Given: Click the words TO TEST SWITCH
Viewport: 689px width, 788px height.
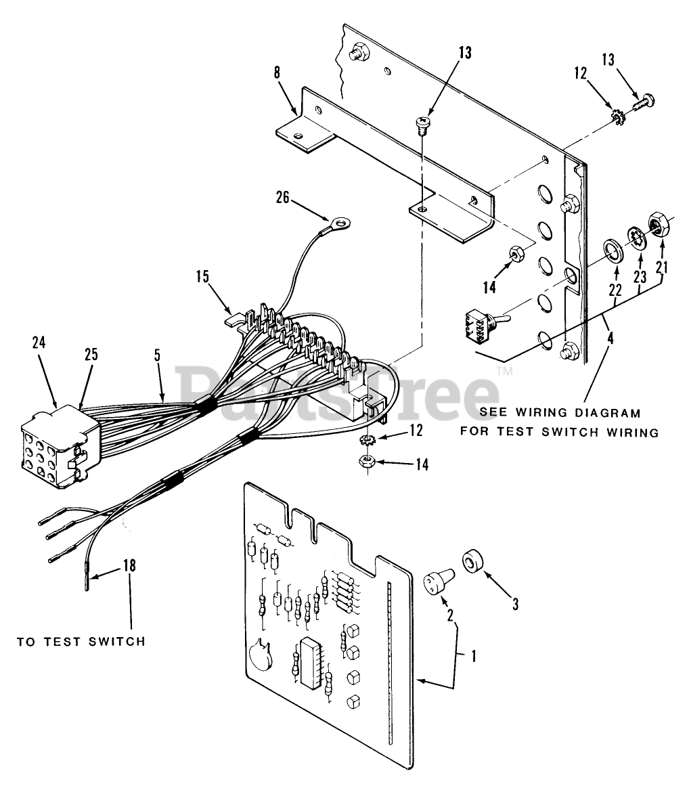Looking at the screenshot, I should [x=81, y=640].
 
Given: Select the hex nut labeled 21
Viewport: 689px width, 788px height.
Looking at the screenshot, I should [x=658, y=223].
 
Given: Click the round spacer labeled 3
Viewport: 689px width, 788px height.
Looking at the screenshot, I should [x=474, y=562].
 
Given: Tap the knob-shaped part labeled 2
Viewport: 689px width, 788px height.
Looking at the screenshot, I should [x=432, y=583].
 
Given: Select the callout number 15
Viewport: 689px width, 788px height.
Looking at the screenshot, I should [x=203, y=278].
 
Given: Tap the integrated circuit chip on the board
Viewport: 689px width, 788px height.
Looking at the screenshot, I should [x=311, y=663].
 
